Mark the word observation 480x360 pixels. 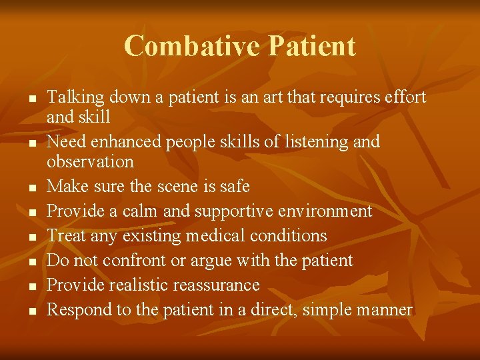coord(90,161)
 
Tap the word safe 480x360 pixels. coord(234,186)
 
